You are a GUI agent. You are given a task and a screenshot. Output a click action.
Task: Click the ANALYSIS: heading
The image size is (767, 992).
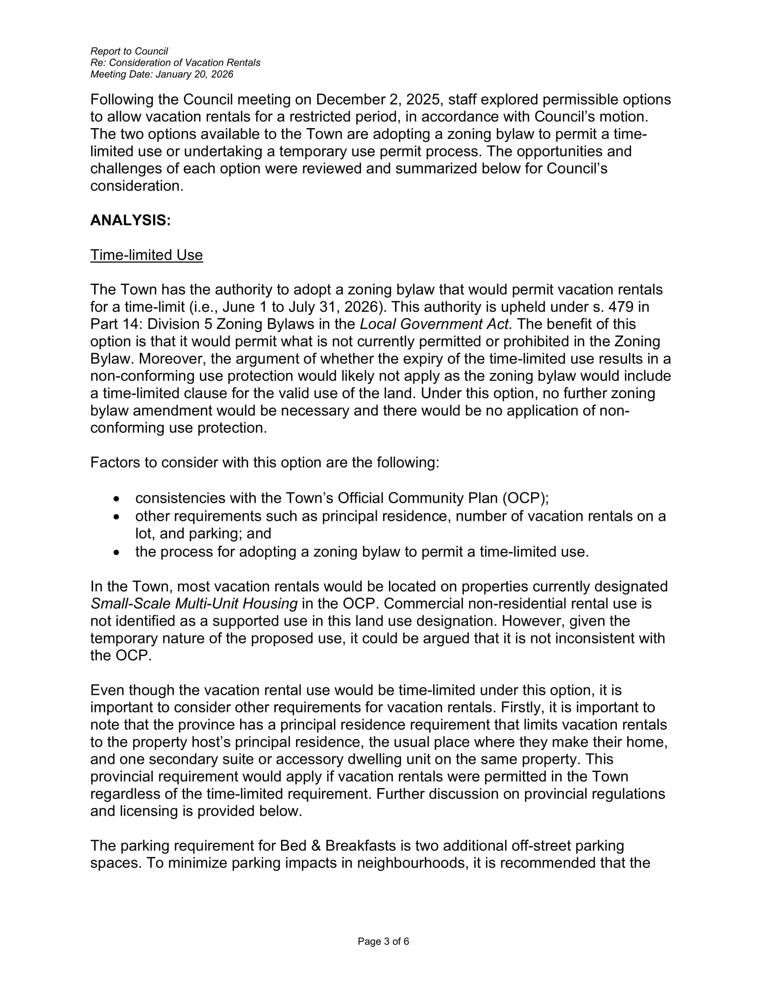[x=130, y=220]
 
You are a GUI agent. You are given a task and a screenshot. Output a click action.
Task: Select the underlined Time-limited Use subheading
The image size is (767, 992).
[x=146, y=255]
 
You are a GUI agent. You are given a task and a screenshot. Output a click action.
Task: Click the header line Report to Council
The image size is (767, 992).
[x=129, y=51]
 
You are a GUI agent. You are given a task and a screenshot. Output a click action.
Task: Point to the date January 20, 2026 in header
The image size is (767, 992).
[x=194, y=74]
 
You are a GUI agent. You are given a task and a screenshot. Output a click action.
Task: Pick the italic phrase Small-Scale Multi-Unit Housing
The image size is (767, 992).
[x=194, y=604]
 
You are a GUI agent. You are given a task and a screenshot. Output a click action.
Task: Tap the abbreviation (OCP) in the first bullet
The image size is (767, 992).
[x=524, y=498]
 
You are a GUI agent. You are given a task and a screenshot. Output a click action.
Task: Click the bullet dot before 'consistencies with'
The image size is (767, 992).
[x=117, y=499]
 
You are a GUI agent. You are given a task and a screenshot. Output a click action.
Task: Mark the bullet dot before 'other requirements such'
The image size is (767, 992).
[x=117, y=517]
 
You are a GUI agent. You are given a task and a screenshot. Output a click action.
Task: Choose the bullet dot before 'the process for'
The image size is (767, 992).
[x=117, y=552]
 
